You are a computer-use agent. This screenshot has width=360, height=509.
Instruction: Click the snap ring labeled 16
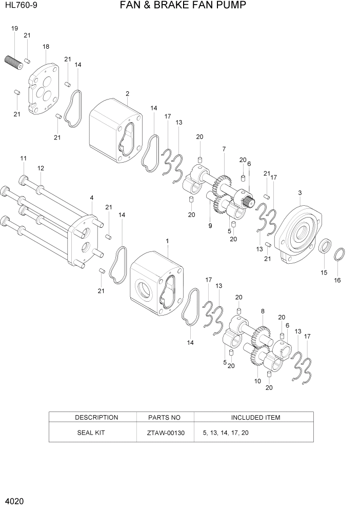(x=339, y=253)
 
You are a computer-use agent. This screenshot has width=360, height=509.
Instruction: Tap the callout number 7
(x=224, y=149)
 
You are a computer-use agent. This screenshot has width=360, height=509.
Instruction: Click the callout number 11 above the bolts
(x=23, y=158)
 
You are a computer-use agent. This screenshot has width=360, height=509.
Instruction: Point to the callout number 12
(x=41, y=168)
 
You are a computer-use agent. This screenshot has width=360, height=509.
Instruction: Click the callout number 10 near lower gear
(x=257, y=381)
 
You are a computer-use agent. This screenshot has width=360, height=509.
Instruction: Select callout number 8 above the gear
(x=263, y=311)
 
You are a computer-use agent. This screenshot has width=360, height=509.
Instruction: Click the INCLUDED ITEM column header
(x=255, y=417)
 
